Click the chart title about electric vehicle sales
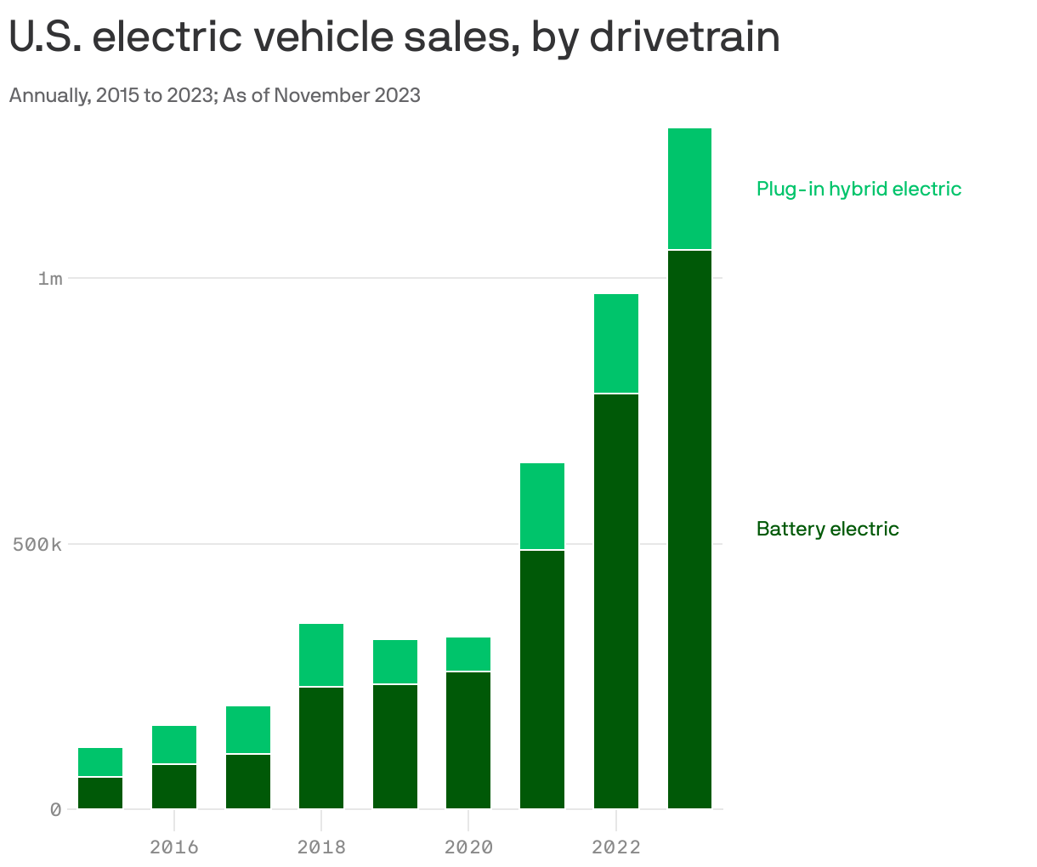tap(394, 37)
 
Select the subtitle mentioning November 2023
tap(214, 95)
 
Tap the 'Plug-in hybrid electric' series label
tap(858, 189)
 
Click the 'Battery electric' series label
tap(827, 529)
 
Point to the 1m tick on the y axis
tap(50, 279)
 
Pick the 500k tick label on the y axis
tap(38, 544)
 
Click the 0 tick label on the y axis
tap(55, 809)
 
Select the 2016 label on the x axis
tap(173, 847)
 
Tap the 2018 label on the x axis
tap(321, 847)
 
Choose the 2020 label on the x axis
tap(468, 847)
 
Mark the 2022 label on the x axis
tap(616, 847)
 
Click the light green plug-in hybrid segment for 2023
tap(689, 189)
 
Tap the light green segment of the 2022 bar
tap(616, 343)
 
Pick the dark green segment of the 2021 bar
tap(542, 679)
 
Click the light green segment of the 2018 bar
tap(321, 654)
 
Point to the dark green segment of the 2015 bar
tap(100, 792)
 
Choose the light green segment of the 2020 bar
tap(468, 654)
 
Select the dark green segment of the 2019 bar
tap(395, 746)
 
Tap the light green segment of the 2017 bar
tap(248, 729)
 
